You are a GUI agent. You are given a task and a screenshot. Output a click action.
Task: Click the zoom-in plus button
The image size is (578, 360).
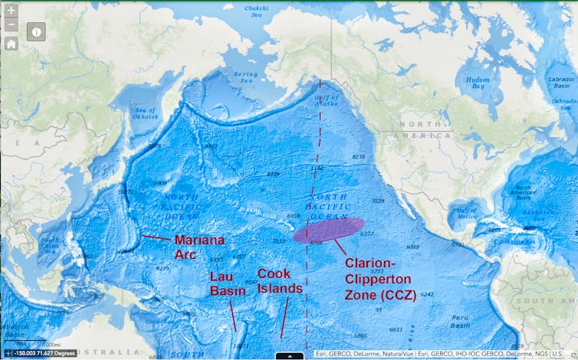[11, 10]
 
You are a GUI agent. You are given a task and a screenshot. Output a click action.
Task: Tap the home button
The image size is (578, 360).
[11, 44]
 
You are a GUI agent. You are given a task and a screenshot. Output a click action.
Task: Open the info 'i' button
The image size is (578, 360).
[37, 31]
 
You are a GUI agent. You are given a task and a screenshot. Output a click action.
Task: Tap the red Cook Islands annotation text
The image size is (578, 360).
[280, 280]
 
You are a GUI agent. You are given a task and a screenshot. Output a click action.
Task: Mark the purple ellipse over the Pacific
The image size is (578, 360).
[329, 230]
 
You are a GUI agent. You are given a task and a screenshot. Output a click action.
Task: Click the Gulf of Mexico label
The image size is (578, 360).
[465, 211]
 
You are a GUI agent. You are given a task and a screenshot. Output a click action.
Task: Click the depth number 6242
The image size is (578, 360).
[427, 294]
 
